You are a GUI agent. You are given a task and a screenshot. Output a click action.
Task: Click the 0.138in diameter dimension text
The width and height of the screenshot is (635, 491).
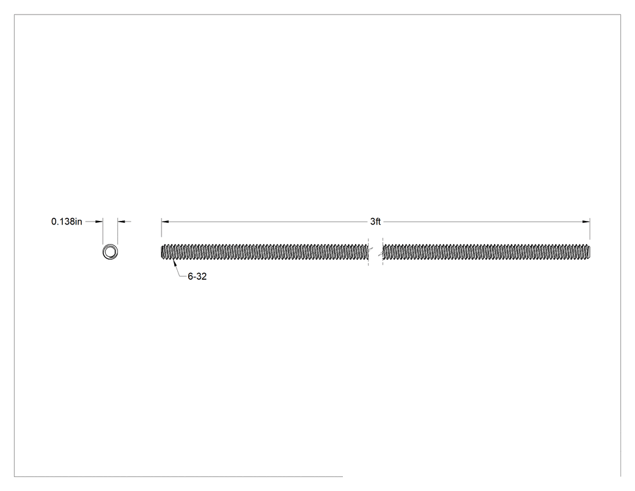point(67,222)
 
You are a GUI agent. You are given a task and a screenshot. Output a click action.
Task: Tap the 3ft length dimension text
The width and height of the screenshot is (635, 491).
point(376,222)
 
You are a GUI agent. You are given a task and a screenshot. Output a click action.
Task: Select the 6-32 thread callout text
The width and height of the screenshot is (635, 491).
point(197,277)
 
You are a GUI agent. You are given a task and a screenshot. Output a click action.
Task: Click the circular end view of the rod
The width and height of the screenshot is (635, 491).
point(110,252)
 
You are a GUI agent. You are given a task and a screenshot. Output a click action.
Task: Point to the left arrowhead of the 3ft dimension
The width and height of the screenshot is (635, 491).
point(165,222)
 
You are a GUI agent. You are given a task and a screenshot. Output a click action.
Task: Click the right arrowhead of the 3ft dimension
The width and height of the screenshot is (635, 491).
point(586,222)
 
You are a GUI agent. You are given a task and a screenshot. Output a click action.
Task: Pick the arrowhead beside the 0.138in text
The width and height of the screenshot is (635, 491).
point(99,222)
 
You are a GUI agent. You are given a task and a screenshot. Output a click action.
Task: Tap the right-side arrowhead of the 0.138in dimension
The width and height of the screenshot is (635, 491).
point(122,222)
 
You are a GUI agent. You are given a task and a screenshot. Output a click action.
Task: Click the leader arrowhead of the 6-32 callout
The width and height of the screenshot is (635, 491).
point(175,263)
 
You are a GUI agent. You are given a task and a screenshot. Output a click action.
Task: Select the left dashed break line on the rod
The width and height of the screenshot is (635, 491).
point(368,252)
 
